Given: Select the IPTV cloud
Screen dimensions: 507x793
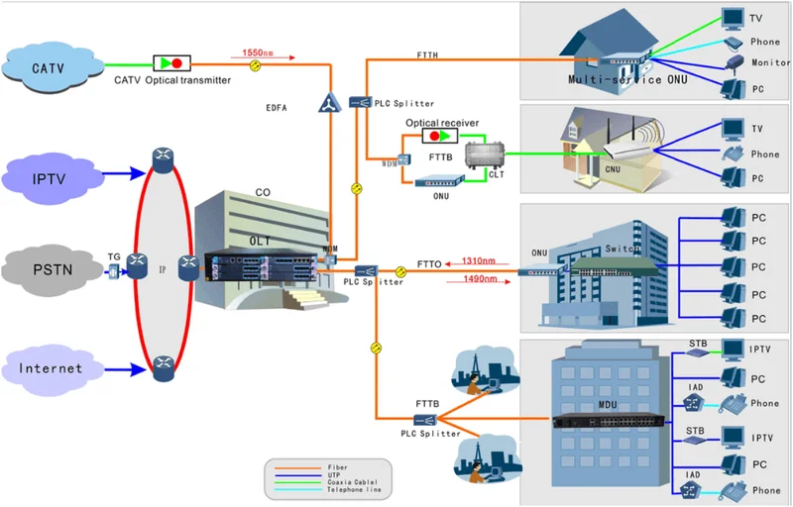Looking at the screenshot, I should click(49, 179).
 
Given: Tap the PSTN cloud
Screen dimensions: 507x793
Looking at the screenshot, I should click(49, 267).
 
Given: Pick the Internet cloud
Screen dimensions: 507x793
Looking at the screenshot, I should click(50, 369).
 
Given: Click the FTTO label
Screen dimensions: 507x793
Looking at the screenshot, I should click(429, 264).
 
